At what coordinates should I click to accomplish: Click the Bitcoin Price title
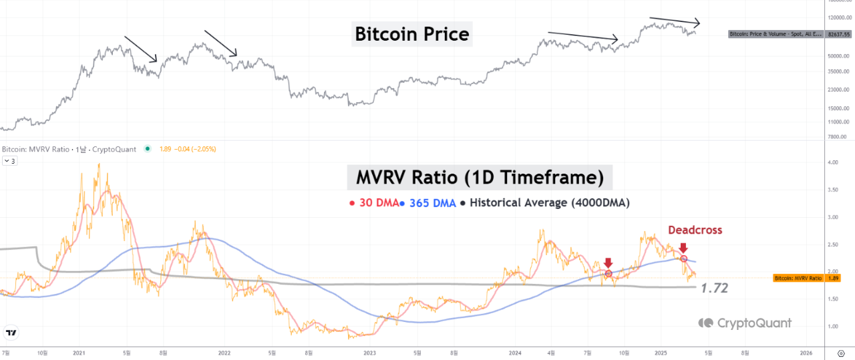(411, 33)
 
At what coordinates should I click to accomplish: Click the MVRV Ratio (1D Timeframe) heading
(480, 178)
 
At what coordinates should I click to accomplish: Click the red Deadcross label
(695, 230)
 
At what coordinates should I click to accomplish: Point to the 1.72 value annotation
(714, 289)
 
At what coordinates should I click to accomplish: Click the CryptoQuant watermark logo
(745, 323)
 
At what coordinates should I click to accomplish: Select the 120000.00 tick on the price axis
(837, 18)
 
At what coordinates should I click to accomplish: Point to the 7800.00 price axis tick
(838, 137)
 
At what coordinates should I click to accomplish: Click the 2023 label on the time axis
(369, 352)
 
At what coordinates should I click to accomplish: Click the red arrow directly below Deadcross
(683, 248)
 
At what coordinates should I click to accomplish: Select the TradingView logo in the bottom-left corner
(11, 332)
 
